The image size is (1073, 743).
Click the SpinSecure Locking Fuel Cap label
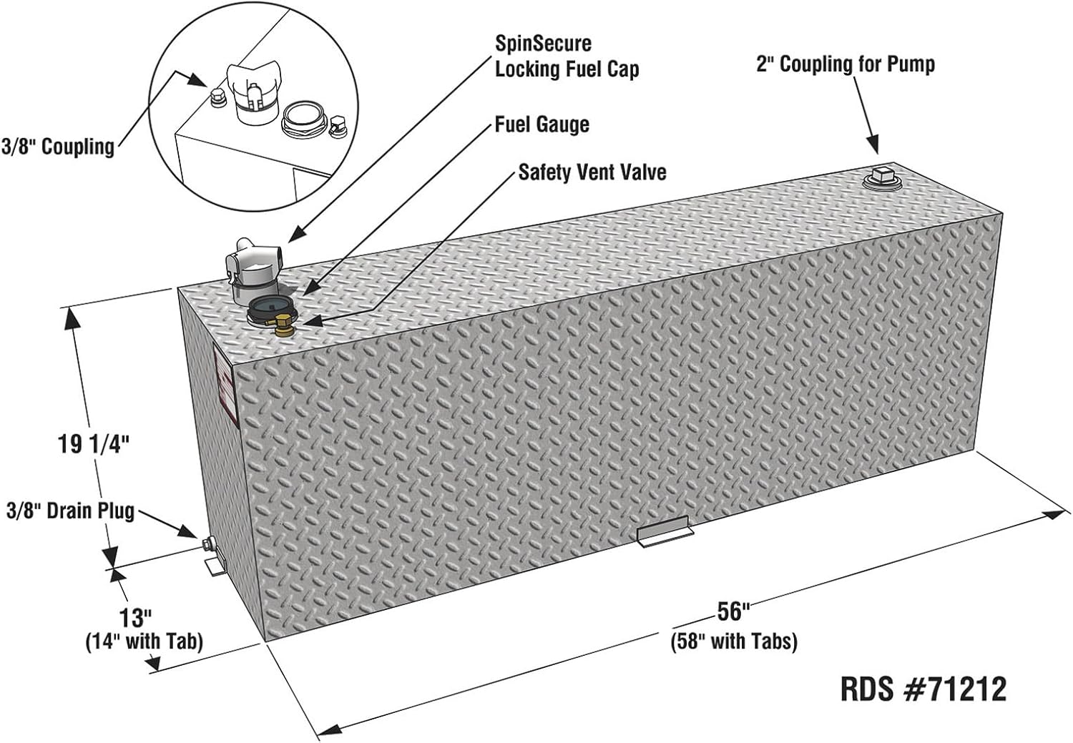pos(567,56)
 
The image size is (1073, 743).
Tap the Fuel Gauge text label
pos(542,124)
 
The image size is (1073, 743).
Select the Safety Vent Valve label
pos(592,172)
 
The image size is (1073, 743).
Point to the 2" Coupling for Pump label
pos(846,64)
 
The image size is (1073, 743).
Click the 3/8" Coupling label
pos(58,147)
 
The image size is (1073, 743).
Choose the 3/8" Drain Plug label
pos(70,511)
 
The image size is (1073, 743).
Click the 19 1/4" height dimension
pos(94,444)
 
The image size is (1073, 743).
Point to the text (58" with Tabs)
pos(735,641)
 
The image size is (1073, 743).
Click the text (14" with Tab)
pos(144,641)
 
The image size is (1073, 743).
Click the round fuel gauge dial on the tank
pos(270,307)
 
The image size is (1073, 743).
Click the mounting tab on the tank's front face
pos(665,532)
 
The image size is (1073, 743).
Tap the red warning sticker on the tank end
pos(225,388)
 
